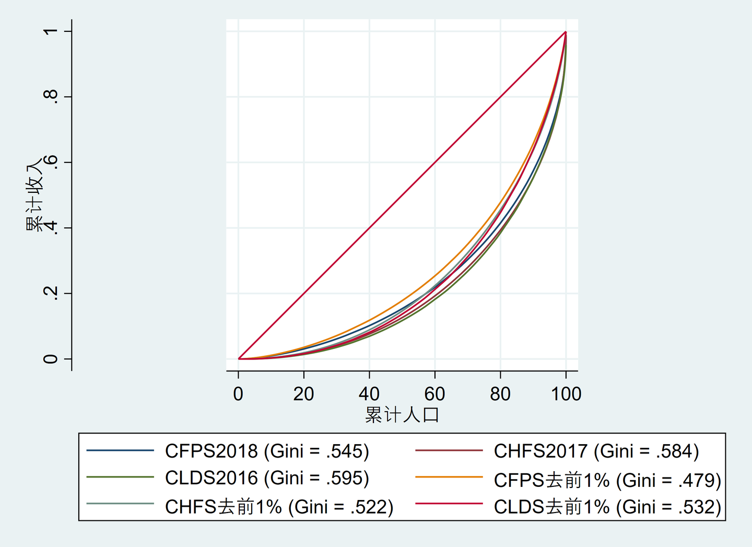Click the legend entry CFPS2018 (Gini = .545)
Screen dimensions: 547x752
pos(267,451)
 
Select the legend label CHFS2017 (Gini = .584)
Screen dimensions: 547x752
pos(596,451)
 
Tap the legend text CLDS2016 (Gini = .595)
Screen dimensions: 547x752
pos(267,478)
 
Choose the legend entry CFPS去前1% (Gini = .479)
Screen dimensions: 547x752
pos(607,480)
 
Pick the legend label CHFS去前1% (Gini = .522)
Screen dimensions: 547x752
pos(279,507)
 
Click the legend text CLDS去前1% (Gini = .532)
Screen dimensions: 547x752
pos(607,507)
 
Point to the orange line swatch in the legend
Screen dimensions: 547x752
pos(449,477)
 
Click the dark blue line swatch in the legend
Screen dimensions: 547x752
pos(120,450)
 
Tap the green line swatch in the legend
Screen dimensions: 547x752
pos(120,477)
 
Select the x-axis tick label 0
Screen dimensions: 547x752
pos(238,394)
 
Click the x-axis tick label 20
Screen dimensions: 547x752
pos(303,394)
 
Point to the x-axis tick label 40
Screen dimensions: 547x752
pos(369,394)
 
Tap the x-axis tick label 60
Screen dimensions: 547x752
pos(434,394)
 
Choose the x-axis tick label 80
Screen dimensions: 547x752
pos(500,394)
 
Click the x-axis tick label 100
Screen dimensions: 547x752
pos(566,394)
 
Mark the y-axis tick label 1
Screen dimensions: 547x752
pos(51,31)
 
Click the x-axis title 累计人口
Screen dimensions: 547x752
pos(402,415)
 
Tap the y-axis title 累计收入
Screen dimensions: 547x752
pos(34,194)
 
